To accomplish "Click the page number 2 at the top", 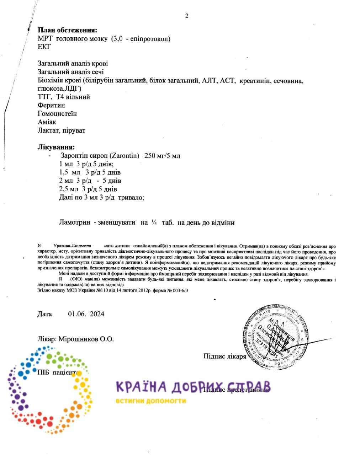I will tap(187, 16).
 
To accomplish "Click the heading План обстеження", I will tap(67, 30).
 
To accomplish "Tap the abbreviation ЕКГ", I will tap(44, 47).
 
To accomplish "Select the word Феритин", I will tap(51, 105).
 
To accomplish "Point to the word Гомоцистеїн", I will tap(57, 114).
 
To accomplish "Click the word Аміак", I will tap(47, 122).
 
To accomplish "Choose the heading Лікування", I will tap(56, 147).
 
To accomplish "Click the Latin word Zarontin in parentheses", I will tap(125, 156).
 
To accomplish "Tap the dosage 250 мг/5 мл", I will tap(163, 156).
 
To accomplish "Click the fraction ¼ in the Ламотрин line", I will tap(154, 223).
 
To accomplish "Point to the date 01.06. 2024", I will tap(86, 314).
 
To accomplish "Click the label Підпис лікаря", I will tap(224, 356).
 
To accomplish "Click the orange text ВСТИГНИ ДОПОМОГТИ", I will tap(150, 401).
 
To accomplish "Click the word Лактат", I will tap(48, 130).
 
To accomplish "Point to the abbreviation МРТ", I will tap(45, 39).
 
